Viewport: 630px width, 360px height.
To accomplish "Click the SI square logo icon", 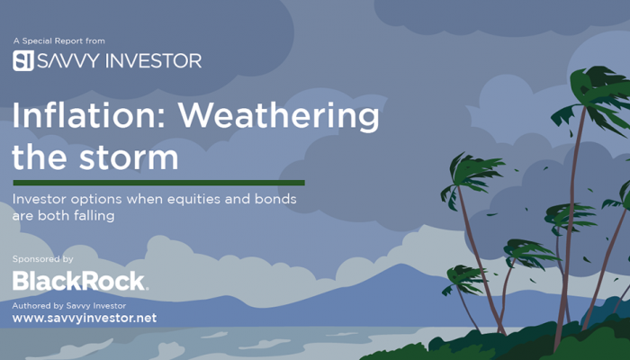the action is point(23,60).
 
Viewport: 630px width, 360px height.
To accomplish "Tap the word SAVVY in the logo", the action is point(68,60).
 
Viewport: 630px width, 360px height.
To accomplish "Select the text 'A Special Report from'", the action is point(59,41).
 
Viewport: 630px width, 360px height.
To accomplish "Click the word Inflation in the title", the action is point(85,115).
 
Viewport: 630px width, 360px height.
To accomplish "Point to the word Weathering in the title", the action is point(279,117).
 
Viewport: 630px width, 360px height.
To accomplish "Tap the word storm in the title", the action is point(129,157).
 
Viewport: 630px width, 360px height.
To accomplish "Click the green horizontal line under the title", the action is point(158,183).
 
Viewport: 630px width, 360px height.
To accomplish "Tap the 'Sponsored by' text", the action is point(42,259).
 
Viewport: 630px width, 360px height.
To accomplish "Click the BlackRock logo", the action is point(80,281).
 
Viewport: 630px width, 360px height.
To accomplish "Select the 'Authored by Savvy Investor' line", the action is point(68,306).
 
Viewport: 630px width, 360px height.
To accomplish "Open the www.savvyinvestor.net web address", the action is point(85,319).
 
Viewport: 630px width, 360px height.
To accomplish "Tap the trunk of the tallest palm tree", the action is point(570,225).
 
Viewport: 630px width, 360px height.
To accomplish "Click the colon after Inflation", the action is point(161,121).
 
